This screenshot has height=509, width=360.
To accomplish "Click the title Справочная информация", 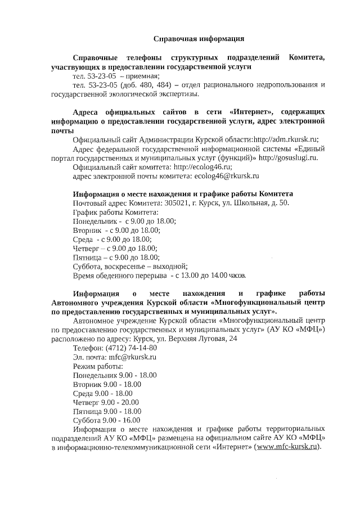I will pos(199,39).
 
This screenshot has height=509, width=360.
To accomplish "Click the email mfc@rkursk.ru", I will pos(133,357).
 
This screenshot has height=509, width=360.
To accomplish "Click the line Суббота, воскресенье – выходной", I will pos(130,266).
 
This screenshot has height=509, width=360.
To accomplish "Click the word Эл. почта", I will pos(89,357).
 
